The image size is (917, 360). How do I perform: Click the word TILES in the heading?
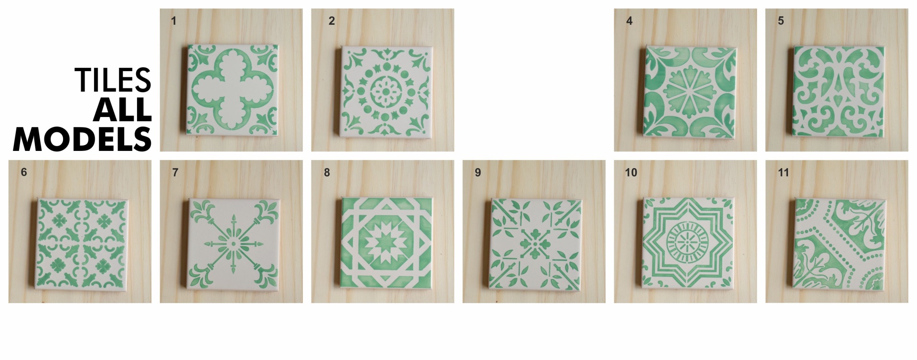(113, 80)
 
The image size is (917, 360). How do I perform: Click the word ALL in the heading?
(123, 110)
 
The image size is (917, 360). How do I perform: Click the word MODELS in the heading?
(83, 139)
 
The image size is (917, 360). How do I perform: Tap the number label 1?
(174, 21)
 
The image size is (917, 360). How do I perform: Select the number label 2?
(332, 21)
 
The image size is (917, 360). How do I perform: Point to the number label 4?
(629, 21)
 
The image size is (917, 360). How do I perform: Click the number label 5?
(781, 21)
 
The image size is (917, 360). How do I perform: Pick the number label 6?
(24, 172)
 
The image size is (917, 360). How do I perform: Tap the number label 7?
(175, 172)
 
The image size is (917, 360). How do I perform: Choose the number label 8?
(327, 172)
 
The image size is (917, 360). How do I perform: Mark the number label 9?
(478, 172)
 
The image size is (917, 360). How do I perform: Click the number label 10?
(631, 172)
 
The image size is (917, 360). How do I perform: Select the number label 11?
(783, 172)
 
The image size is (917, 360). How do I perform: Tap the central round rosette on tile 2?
(384, 90)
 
